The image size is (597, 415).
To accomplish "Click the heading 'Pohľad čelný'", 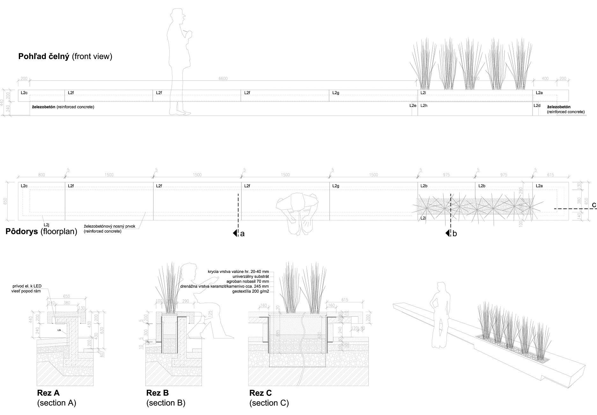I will pos(44,57).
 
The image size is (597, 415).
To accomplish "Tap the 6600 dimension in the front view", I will pos(223,79).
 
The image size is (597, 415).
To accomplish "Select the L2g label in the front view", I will pos(336,93).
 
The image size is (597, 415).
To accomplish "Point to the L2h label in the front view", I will pos(424,105).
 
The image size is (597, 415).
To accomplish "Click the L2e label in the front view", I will pos(413,105).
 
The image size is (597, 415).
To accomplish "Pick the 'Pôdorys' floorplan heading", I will pos(21,231).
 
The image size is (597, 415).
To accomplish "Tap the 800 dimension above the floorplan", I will pos(41,175).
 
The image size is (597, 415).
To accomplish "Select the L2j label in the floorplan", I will pos(47,216).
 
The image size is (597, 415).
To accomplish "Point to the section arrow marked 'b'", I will pos(448,233).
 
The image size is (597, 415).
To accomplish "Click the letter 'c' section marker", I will pos(594,205).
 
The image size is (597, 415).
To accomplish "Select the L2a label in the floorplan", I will pos(539,186).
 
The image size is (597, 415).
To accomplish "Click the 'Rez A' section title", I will pos(48,393).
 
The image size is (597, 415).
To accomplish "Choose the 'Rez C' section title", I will pos(261,393).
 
